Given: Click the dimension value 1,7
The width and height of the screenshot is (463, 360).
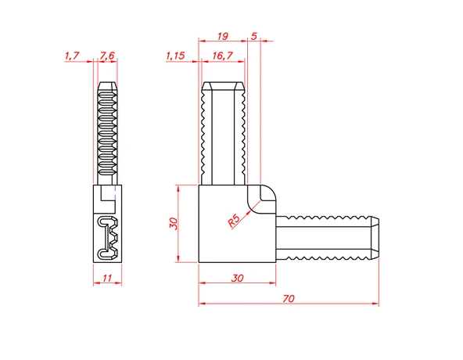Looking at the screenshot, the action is pos(72,56).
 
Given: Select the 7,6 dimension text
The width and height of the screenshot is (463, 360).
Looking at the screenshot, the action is pos(107,56).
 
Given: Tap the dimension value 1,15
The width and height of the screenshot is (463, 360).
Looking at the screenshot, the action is pos(175,56).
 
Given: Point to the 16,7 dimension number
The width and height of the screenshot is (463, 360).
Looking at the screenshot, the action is pos(223,56).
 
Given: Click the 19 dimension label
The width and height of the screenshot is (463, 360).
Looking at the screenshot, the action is pos(223,36).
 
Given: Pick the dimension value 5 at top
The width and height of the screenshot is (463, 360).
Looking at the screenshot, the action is pos(254,36).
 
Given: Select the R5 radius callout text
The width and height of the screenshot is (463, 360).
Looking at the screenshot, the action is pos(234,221).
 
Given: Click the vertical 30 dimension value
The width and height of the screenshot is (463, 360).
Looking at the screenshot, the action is pos(174,224).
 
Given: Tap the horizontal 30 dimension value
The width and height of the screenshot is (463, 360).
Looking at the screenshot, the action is pos(238,278).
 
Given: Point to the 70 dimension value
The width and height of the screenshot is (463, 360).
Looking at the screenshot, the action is pos(289,298).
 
